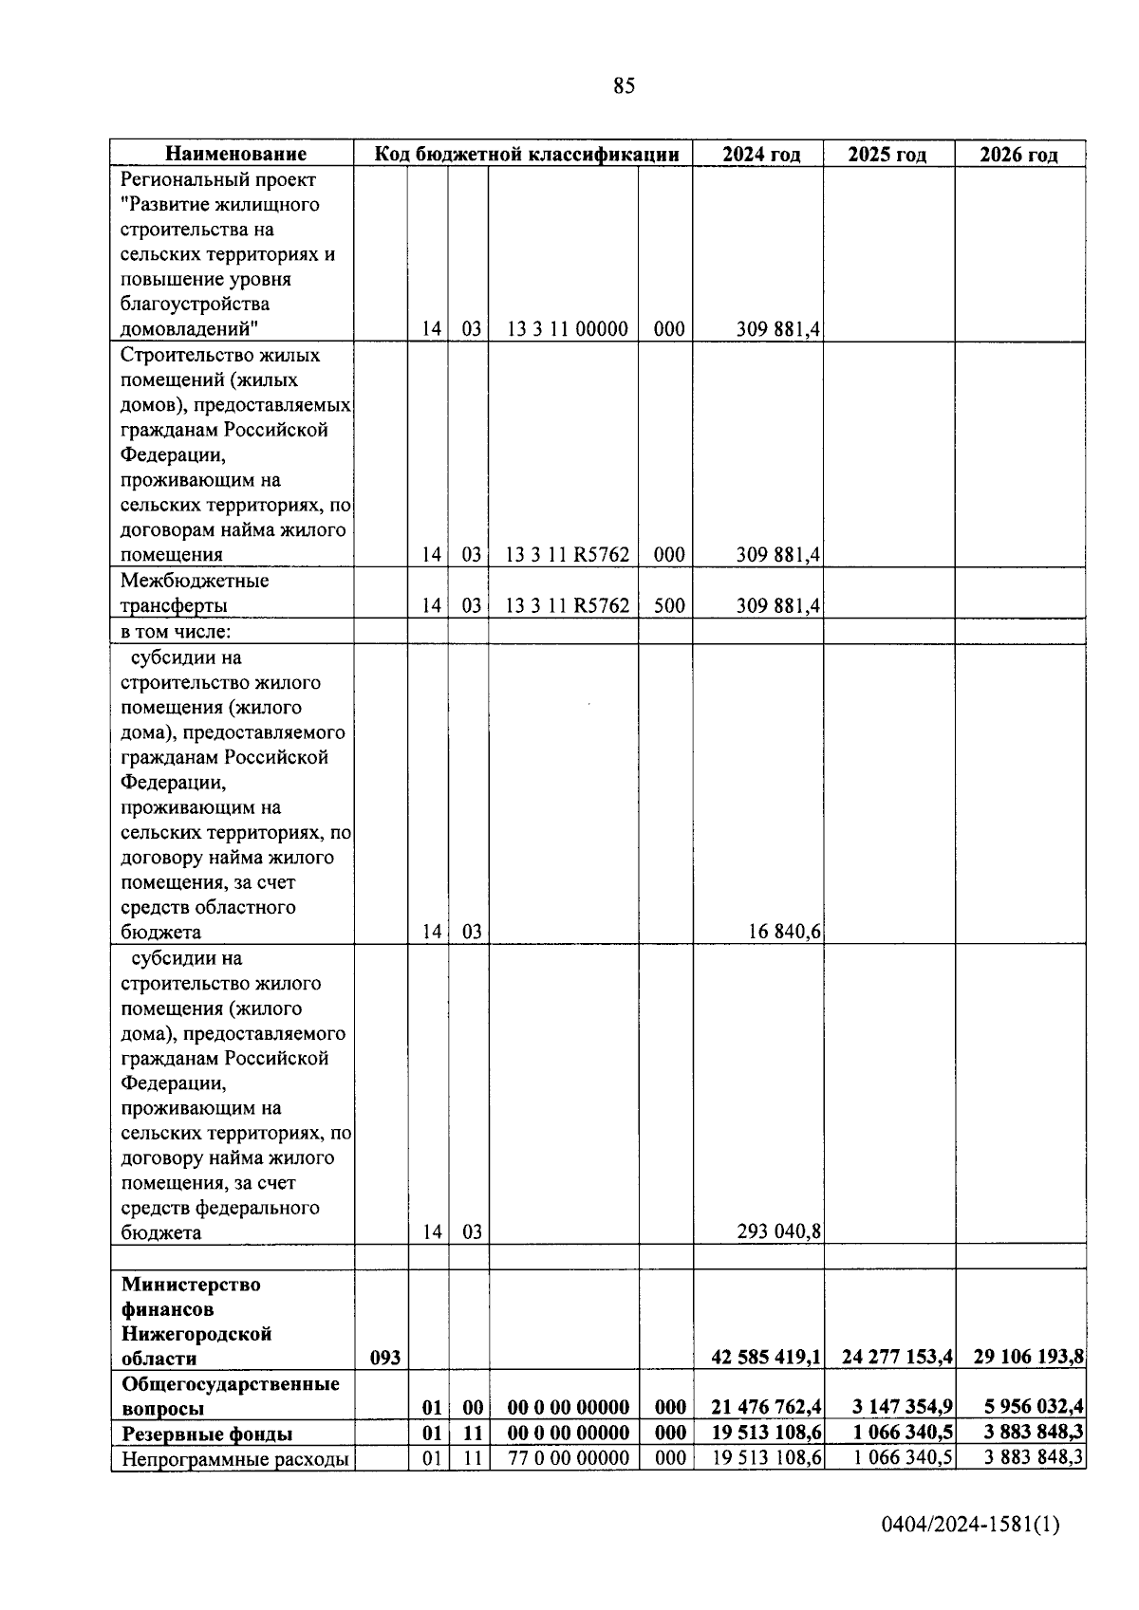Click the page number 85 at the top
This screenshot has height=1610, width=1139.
tap(624, 86)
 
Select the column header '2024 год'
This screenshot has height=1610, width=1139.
tap(760, 155)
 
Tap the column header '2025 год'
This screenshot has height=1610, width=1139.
tap(887, 155)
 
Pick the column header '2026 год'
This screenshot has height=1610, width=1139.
tap(1018, 155)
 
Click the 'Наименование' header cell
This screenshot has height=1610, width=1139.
tap(236, 155)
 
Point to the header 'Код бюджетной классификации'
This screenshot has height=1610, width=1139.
tap(527, 155)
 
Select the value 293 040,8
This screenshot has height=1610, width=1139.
tap(779, 1232)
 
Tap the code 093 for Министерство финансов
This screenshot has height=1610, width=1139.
tap(384, 1358)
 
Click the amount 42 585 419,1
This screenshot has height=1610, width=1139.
tap(766, 1358)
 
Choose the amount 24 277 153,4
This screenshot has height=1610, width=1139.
tap(897, 1358)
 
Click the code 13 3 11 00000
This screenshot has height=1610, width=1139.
tap(567, 329)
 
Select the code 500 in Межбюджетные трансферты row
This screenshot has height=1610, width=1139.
tap(669, 605)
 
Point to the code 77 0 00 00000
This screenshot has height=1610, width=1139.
tap(568, 1458)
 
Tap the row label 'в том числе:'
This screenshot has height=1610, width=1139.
tap(176, 631)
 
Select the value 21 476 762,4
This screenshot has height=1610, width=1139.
tap(766, 1408)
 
